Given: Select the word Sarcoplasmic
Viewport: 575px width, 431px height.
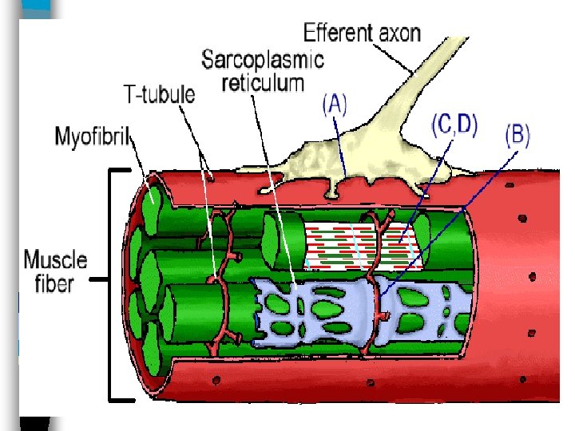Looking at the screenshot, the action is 263,59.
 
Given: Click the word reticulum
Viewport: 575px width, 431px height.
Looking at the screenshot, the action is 264,81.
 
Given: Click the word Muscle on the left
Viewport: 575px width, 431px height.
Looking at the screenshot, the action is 54,260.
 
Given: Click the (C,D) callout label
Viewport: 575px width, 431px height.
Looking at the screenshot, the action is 454,126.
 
